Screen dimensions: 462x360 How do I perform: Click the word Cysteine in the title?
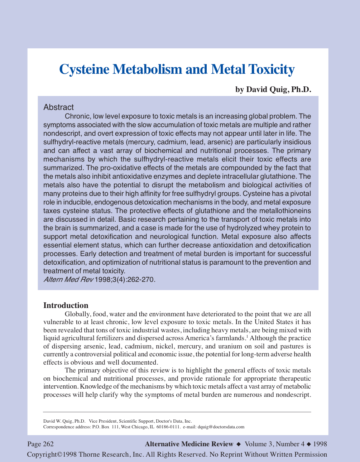click(x=84, y=69)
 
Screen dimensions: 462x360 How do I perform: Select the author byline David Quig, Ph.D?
click(x=273, y=89)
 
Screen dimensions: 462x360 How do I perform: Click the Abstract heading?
click(x=58, y=107)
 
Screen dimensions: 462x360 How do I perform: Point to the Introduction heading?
click(x=66, y=305)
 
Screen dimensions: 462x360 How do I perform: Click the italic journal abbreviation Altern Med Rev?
click(x=68, y=279)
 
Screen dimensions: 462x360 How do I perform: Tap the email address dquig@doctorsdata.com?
click(x=221, y=427)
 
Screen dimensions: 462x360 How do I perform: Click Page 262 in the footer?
click(x=40, y=444)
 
